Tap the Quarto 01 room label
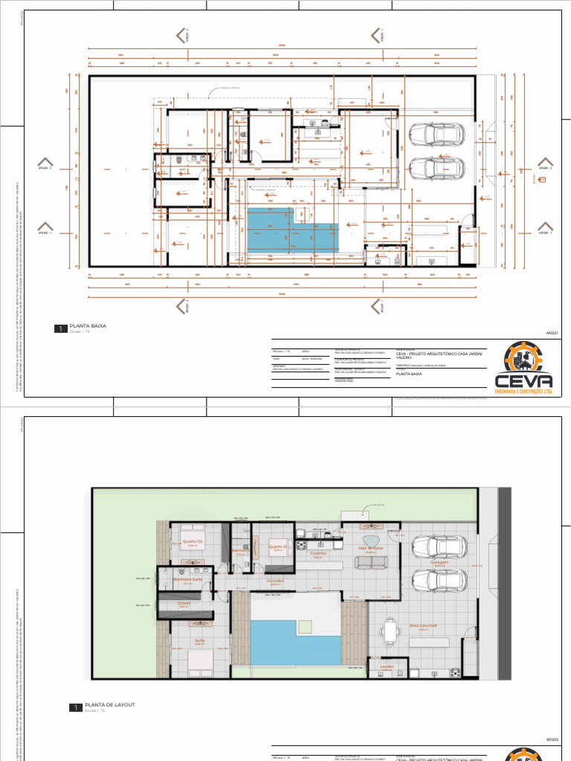278,545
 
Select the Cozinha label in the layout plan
318,554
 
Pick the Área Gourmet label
423,626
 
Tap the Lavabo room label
386,667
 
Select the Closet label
184,603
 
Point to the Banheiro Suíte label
187,579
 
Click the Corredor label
276,580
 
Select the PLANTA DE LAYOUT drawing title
109,705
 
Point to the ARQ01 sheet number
551,333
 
